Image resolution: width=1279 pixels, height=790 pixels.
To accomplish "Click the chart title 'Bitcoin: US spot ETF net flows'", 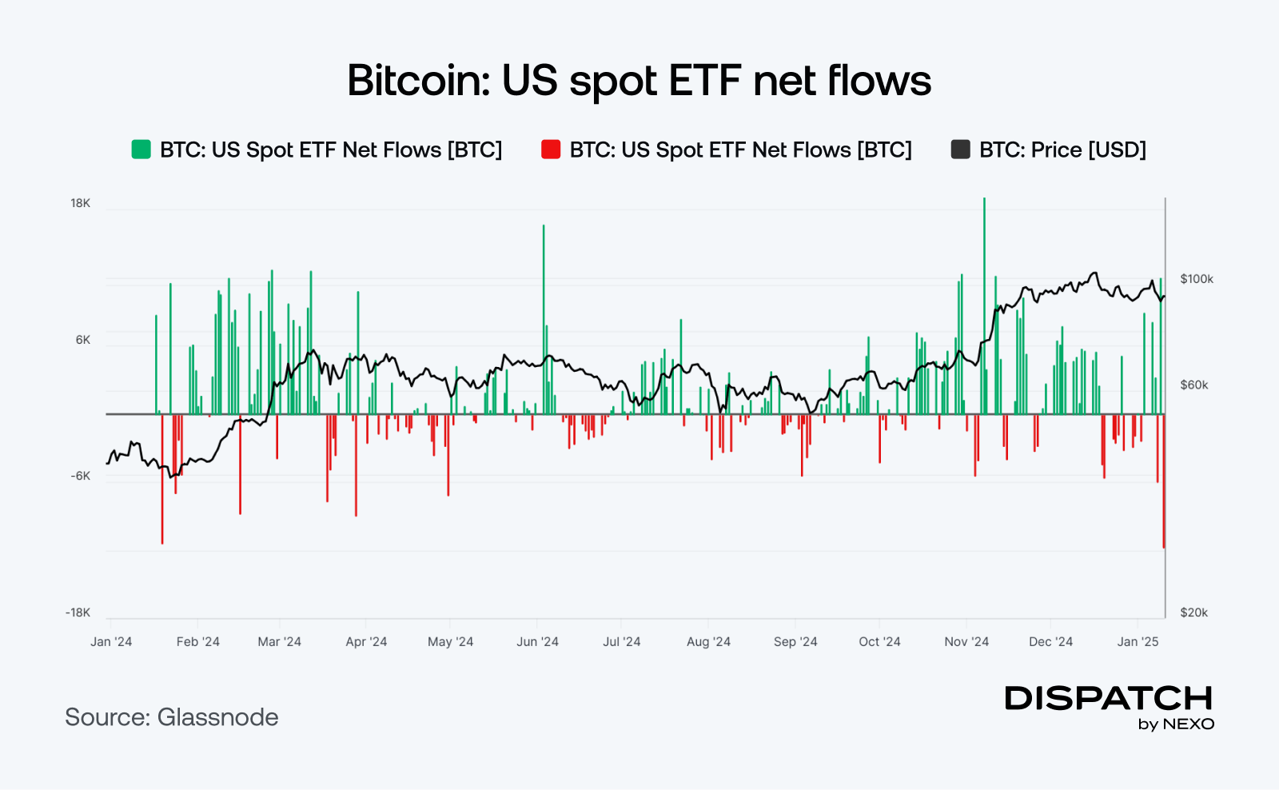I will click(x=639, y=81).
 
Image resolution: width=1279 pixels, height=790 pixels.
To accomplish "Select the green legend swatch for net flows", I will click(x=141, y=150).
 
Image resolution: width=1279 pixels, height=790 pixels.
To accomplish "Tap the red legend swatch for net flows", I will click(x=551, y=150).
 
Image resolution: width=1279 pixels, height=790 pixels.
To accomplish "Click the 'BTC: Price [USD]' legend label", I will click(x=1062, y=150).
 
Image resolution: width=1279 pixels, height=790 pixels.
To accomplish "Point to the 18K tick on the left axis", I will click(x=81, y=203).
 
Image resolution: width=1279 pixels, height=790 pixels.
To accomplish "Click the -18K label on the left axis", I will click(x=78, y=612).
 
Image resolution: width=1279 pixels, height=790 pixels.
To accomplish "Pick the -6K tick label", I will click(x=81, y=476).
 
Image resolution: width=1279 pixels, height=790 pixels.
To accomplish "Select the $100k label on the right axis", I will click(x=1197, y=279).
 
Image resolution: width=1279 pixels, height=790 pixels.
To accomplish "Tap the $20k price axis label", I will click(x=1194, y=612).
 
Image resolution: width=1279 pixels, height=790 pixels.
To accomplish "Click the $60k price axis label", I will click(x=1194, y=385).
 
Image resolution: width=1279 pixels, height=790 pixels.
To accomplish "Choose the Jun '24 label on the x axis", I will click(x=537, y=642).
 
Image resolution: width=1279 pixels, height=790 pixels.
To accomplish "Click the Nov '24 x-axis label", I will click(x=966, y=642).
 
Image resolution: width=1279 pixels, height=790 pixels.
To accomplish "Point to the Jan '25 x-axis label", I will click(x=1138, y=642).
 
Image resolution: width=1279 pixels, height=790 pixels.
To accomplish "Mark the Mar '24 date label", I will click(x=279, y=642).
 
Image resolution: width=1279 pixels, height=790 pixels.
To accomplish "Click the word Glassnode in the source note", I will click(x=217, y=717).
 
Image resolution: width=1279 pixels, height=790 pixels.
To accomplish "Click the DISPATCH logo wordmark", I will click(x=1109, y=698).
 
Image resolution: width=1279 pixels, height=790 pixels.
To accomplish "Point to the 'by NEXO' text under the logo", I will click(x=1176, y=724).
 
